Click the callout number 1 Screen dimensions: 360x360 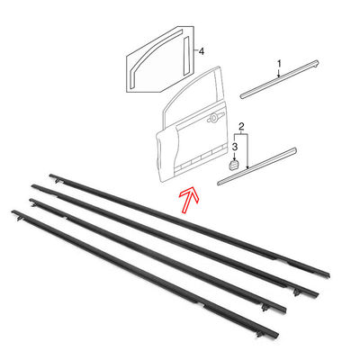279,64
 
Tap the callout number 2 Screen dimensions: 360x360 241,126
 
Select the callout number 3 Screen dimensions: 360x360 235,147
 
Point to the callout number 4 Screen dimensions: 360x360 202,51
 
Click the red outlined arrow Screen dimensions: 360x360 190,199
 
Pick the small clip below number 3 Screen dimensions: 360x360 234,165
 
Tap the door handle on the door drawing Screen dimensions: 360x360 215,117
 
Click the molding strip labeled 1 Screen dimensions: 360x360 279,79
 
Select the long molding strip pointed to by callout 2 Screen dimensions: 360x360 257,166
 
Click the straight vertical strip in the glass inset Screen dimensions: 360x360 186,56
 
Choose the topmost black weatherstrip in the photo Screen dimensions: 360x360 189,224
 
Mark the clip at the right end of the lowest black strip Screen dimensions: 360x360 258,333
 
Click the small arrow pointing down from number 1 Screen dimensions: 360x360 279,73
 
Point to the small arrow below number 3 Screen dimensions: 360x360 234,156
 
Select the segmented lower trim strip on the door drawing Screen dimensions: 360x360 200,160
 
